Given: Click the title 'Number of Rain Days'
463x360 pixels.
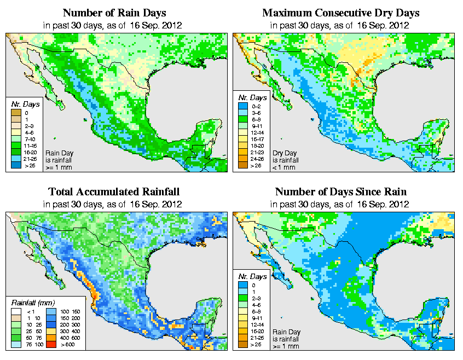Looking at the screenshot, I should coord(115,13).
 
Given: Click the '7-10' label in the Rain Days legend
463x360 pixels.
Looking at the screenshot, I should coord(30,139).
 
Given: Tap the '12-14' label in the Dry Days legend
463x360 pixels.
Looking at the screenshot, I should coord(257,132).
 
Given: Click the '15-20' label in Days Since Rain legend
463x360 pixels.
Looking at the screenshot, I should coord(258,331).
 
